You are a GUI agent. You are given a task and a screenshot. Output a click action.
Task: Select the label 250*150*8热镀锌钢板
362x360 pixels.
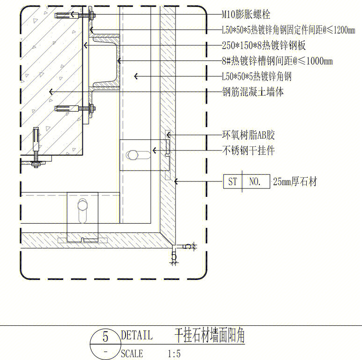[264, 46]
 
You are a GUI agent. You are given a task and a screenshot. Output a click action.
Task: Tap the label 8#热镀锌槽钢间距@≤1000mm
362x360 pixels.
[277, 61]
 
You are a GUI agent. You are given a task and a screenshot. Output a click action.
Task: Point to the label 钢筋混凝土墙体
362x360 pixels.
[253, 92]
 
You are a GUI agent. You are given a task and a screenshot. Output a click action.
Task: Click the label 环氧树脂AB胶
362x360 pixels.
[248, 135]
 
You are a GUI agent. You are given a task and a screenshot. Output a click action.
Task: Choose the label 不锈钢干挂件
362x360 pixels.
[248, 150]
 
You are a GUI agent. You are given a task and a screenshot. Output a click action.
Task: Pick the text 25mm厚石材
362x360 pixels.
[295, 181]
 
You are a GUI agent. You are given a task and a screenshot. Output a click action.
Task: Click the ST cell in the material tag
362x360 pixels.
[233, 181]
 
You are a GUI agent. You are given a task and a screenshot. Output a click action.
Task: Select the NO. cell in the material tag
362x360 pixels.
[255, 181]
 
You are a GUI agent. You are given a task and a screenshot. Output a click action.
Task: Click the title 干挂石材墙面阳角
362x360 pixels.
[209, 336]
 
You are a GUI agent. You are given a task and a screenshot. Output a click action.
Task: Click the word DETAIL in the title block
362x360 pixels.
[136, 335]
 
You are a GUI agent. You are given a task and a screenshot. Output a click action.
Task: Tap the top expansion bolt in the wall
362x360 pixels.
[75, 16]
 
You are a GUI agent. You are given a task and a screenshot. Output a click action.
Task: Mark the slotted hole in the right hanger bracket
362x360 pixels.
[135, 154]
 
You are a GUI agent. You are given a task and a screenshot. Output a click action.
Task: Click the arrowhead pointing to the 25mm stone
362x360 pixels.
[176, 181]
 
